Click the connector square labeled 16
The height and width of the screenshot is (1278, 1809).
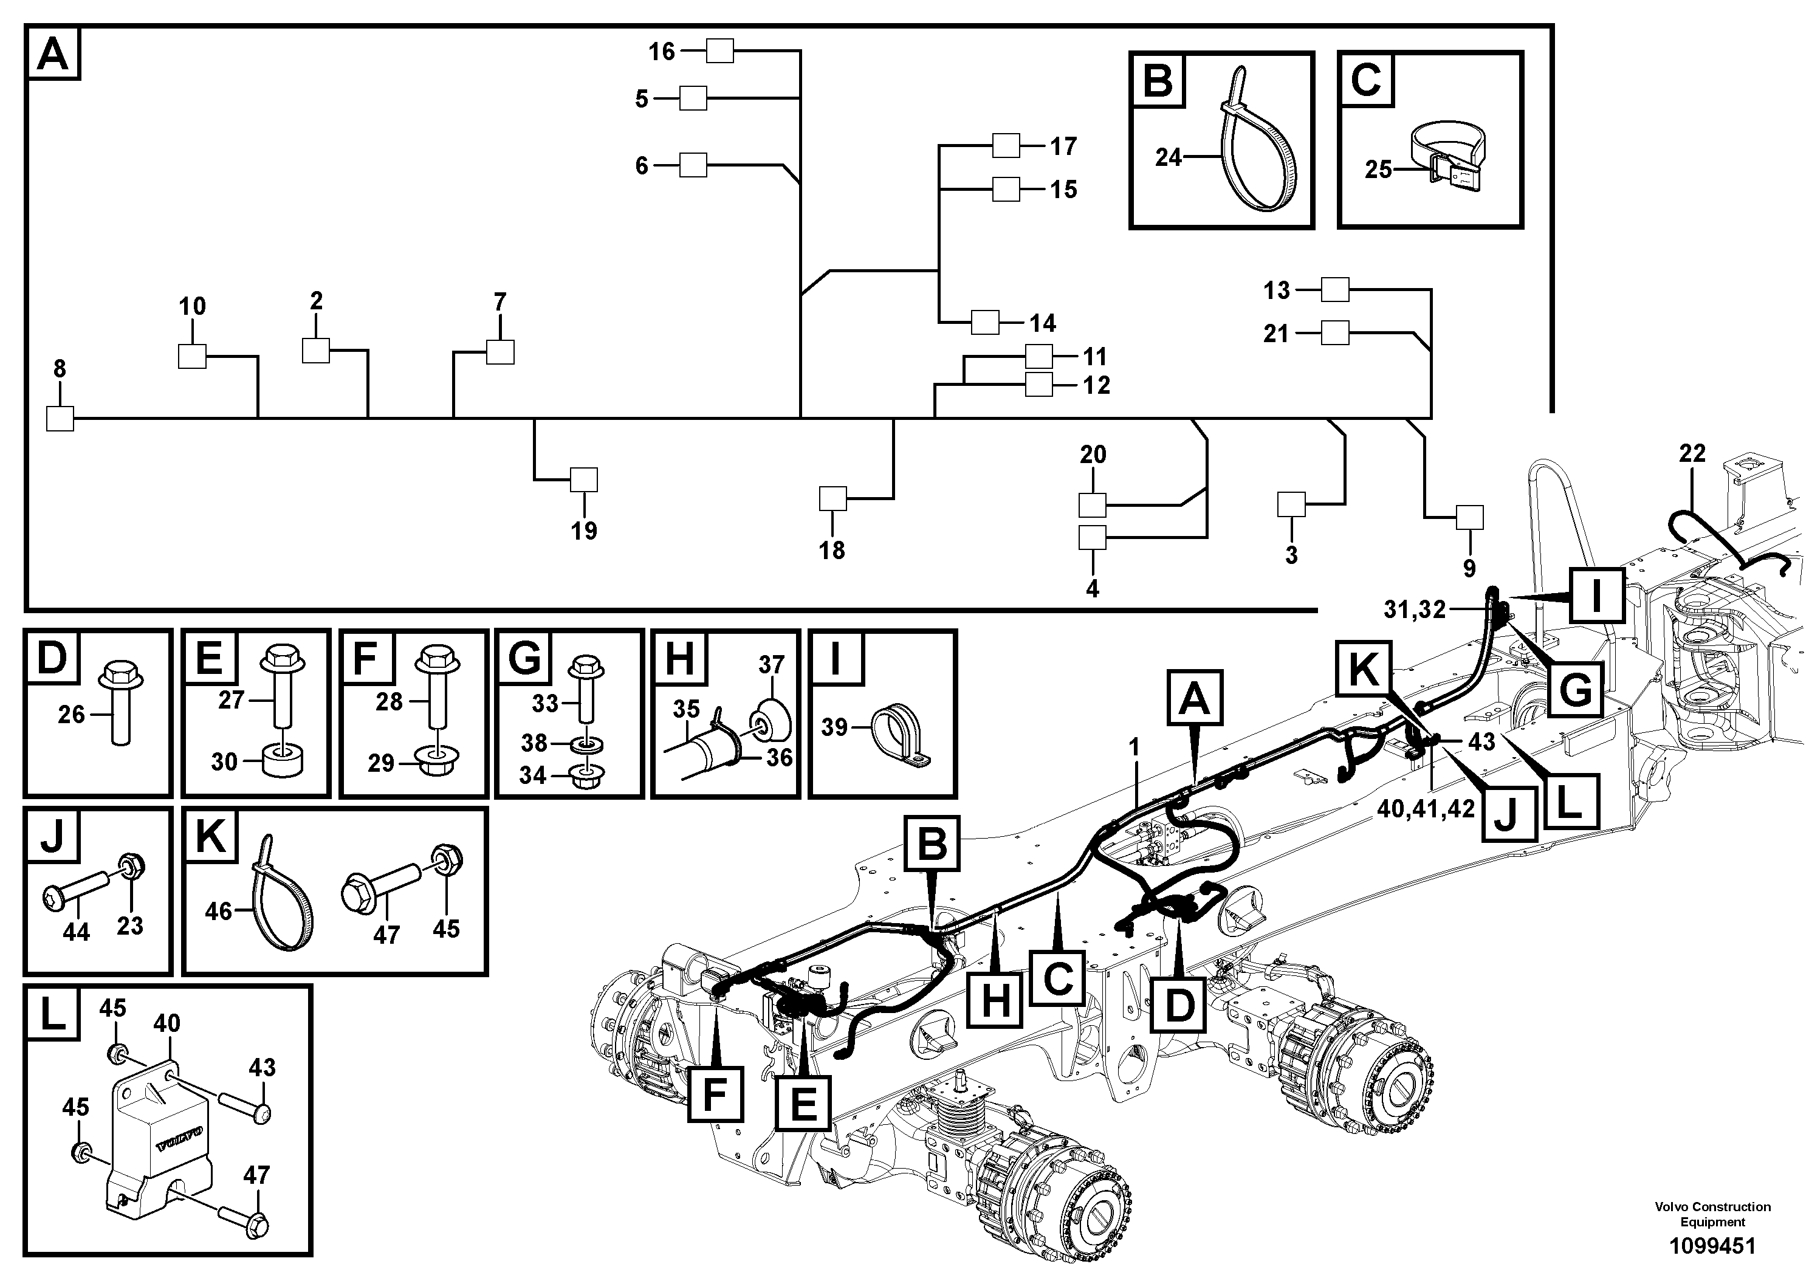click(x=719, y=51)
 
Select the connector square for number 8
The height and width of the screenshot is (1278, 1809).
click(x=60, y=418)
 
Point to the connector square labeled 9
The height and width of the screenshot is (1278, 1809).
click(x=1469, y=518)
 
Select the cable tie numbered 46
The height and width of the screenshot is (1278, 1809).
click(x=282, y=895)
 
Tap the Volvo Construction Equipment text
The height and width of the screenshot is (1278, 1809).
click(x=1713, y=1214)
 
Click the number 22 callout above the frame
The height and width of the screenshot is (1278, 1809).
click(x=1692, y=453)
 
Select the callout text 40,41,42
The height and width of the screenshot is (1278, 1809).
click(x=1426, y=809)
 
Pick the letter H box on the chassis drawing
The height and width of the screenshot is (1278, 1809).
click(x=996, y=1001)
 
